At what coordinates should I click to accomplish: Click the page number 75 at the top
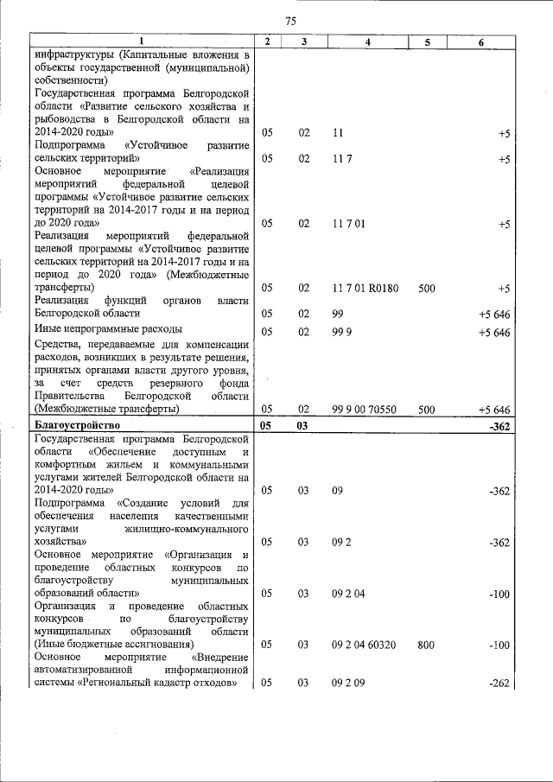[290, 21]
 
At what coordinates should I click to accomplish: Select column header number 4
[368, 41]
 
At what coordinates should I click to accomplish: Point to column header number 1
[143, 41]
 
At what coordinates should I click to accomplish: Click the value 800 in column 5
[426, 645]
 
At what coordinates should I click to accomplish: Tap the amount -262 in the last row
[499, 683]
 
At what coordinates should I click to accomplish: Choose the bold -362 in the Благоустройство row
[499, 425]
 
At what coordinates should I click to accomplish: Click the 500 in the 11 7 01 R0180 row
[426, 289]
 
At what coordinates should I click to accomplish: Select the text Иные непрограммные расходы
[108, 329]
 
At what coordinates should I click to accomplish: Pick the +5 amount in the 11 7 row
[504, 160]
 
